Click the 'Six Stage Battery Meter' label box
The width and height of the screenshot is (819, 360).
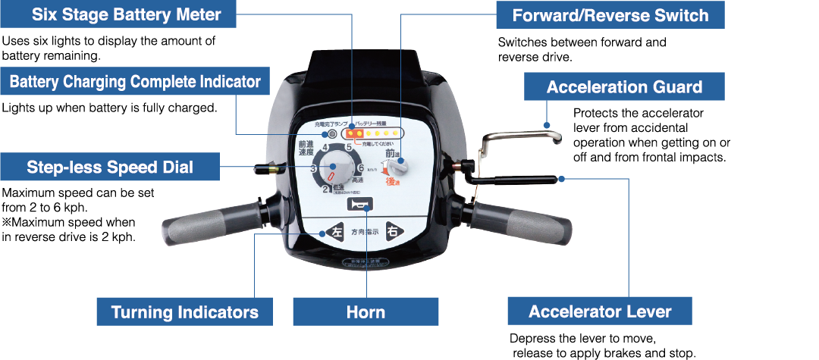click(x=126, y=14)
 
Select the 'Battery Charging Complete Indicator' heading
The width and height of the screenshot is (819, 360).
click(x=135, y=81)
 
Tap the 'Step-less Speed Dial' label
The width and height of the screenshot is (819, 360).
click(x=110, y=167)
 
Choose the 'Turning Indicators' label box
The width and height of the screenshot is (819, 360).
click(x=184, y=311)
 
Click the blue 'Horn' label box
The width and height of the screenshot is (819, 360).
click(x=366, y=311)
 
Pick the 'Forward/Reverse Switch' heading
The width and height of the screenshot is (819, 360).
click(x=610, y=15)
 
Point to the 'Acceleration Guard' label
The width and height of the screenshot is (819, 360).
click(x=624, y=87)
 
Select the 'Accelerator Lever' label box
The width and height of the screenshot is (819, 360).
click(x=600, y=311)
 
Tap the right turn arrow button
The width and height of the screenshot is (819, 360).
click(x=392, y=232)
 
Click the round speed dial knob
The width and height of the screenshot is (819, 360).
click(x=334, y=169)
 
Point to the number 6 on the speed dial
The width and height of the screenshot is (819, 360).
click(x=361, y=168)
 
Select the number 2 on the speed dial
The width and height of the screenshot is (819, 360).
click(x=325, y=190)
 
